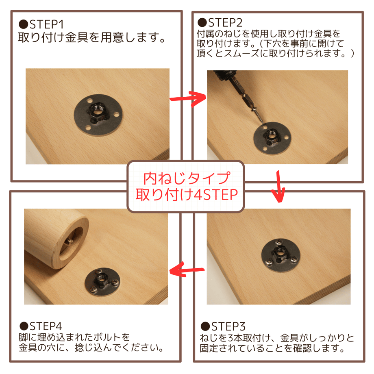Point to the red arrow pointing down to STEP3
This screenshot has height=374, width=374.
pyautogui.click(x=278, y=186)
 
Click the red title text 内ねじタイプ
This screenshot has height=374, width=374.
pyautogui.click(x=187, y=178)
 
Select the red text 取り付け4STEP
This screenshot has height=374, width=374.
pyautogui.click(x=187, y=195)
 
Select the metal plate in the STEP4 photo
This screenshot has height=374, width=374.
pyautogui.click(x=102, y=282)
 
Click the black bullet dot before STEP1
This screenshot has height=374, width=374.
pyautogui.click(x=24, y=24)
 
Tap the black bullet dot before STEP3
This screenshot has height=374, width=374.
pyautogui.click(x=205, y=326)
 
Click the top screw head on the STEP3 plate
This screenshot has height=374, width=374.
pyautogui.click(x=279, y=243)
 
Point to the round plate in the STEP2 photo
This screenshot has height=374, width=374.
pyautogui.click(x=272, y=138)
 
